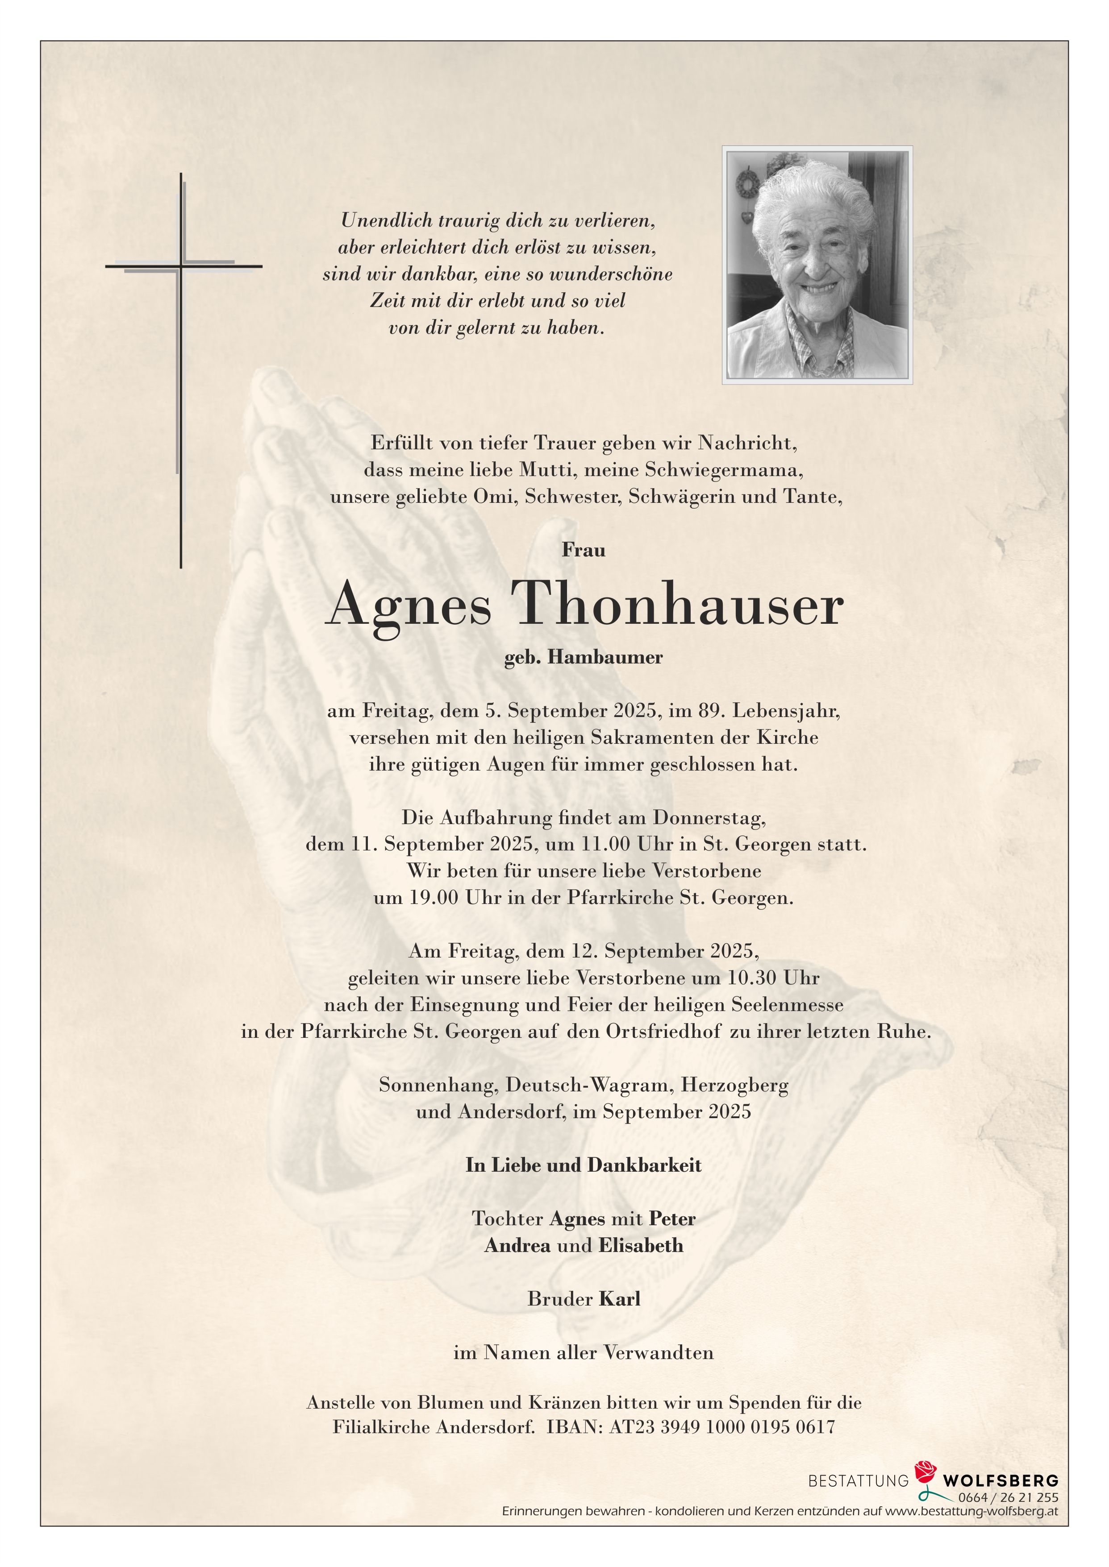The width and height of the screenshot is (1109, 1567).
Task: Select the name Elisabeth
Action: pyautogui.click(x=641, y=1246)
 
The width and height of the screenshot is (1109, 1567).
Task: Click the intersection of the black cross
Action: pyautogui.click(x=181, y=265)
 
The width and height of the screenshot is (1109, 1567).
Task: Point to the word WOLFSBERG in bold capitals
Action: pyautogui.click(x=1001, y=1481)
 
